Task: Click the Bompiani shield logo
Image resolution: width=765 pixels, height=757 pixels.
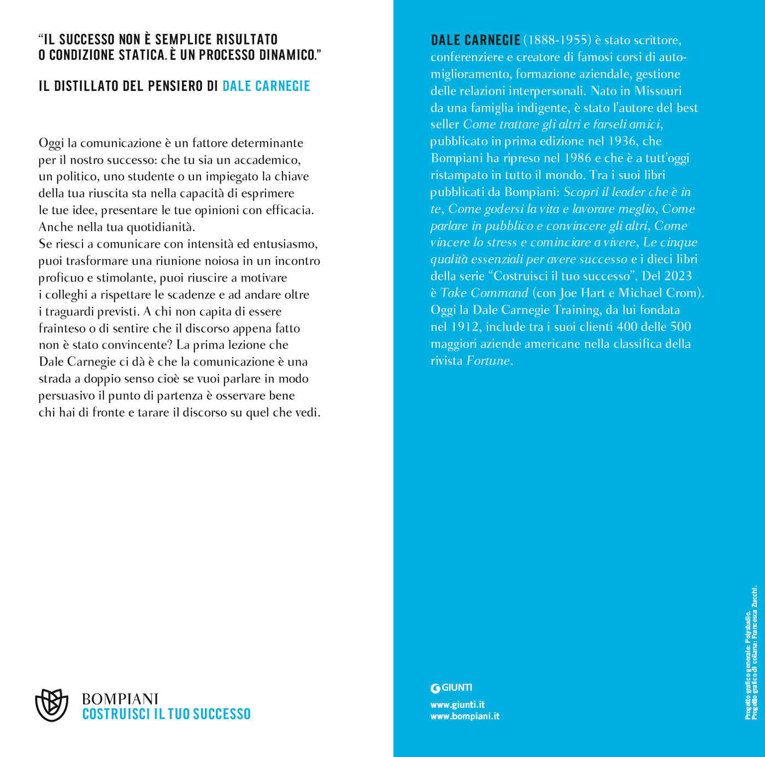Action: coord(51,705)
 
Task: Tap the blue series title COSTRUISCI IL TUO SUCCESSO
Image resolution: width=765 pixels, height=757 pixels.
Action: coord(166,714)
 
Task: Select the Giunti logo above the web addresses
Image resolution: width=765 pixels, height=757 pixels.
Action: coord(451,688)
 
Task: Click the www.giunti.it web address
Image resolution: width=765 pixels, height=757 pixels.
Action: coord(457,705)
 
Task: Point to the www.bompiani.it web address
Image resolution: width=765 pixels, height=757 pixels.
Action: coord(464,716)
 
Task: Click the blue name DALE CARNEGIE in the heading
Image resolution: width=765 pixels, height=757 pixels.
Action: coord(266,86)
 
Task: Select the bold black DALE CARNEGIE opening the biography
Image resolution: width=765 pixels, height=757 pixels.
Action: coord(475,40)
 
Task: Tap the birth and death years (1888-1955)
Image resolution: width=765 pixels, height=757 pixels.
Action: coord(557,40)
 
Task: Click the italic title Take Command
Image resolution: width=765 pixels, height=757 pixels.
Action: coord(484,293)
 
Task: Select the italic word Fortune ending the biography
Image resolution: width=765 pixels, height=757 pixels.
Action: coord(488,361)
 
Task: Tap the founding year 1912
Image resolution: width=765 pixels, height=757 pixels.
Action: coord(465,327)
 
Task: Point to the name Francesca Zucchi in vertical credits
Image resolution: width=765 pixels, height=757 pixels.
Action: coord(755,612)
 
